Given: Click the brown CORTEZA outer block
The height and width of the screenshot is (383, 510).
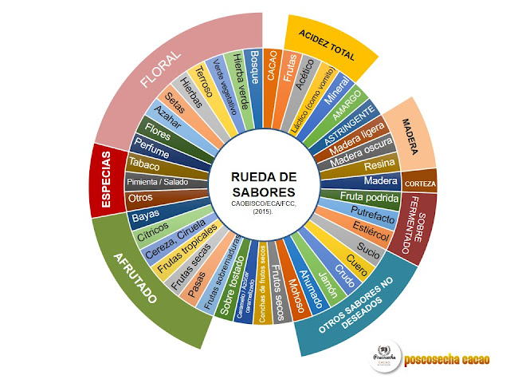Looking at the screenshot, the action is (419, 184).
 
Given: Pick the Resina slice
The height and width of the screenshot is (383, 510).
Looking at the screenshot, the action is (375, 165).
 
